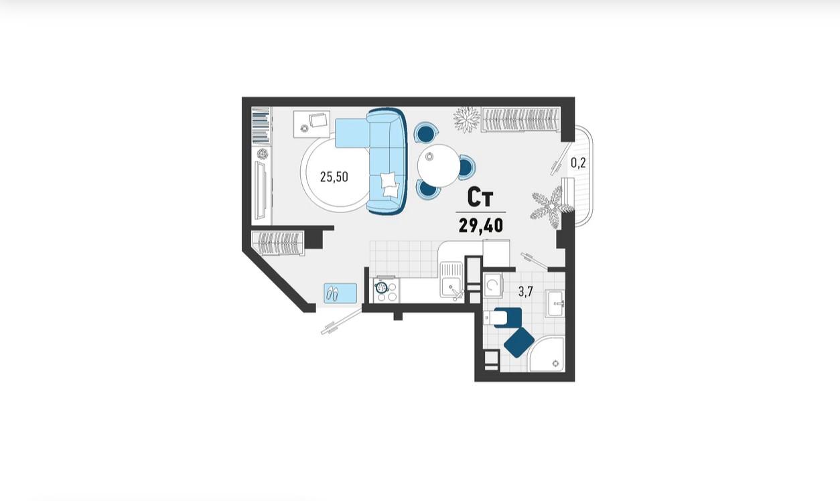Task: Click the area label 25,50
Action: [x=334, y=177]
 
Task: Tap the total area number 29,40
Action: [x=481, y=226]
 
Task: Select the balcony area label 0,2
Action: [x=578, y=163]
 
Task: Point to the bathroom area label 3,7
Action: [x=526, y=292]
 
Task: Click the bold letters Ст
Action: [x=480, y=198]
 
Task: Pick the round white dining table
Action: [x=439, y=165]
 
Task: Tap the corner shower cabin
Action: [x=546, y=354]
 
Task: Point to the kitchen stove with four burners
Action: [x=387, y=289]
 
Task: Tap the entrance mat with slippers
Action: [x=340, y=293]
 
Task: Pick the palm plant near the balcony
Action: [x=552, y=208]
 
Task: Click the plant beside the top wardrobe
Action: [x=466, y=120]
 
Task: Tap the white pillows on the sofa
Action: [x=390, y=184]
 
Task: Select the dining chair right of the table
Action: [x=467, y=167]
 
